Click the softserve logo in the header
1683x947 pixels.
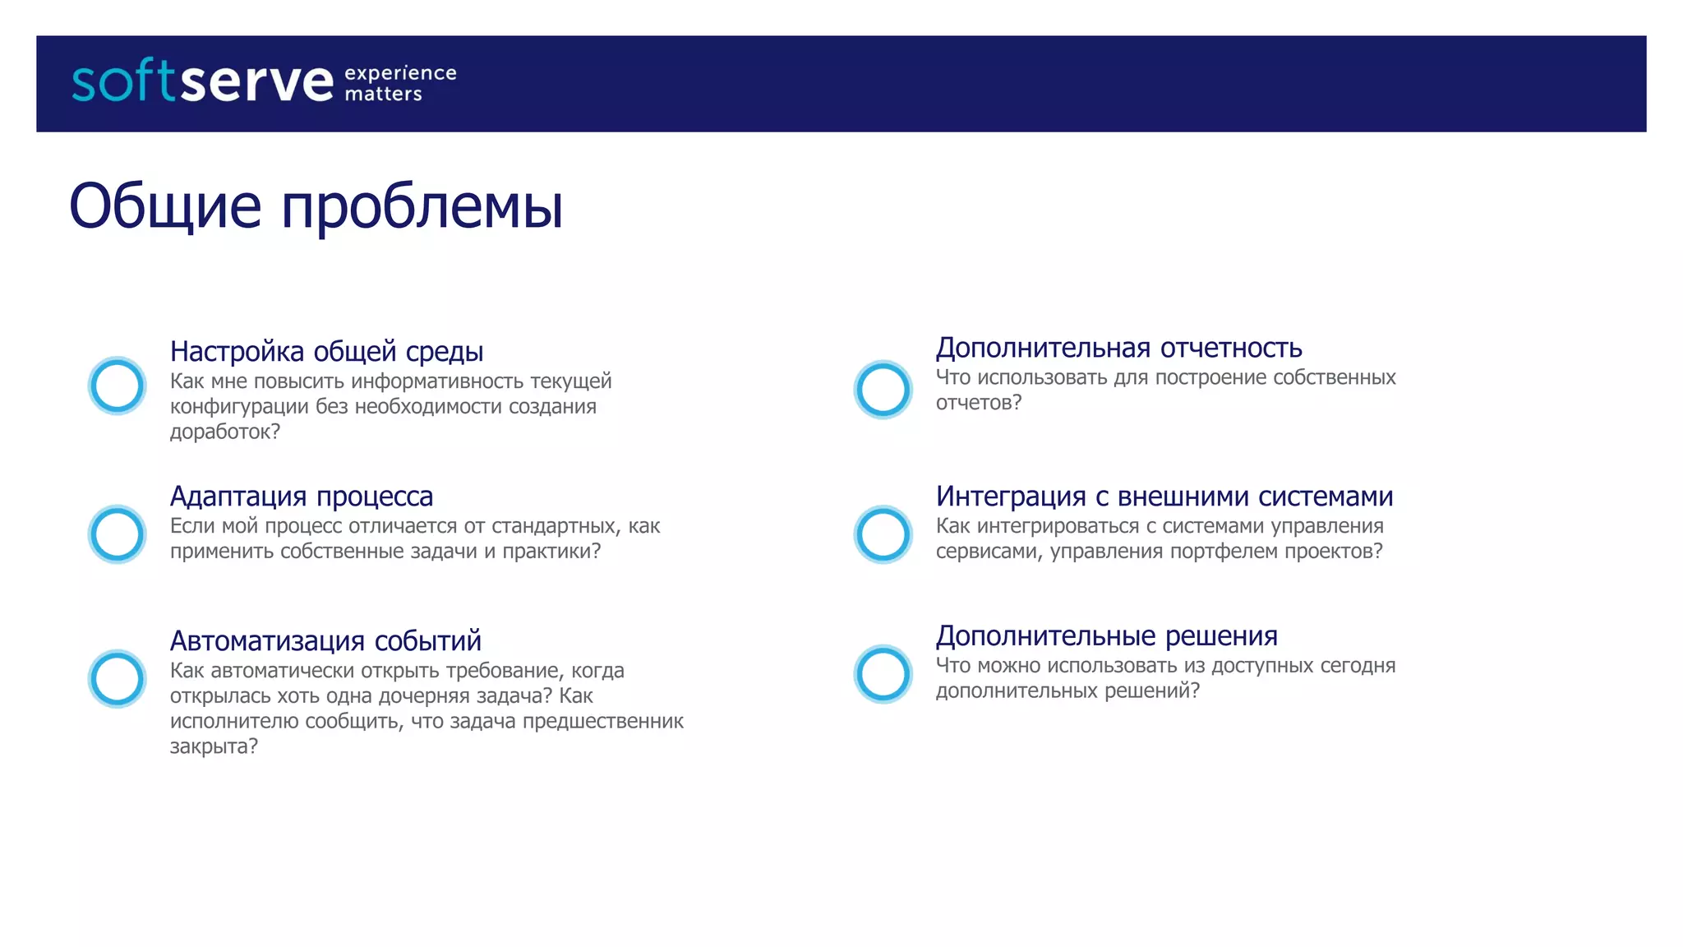coord(202,82)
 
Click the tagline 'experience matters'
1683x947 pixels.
coord(400,83)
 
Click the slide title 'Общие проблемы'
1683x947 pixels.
coord(316,206)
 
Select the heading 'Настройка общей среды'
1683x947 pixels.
coord(326,351)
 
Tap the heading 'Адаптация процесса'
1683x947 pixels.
coord(301,496)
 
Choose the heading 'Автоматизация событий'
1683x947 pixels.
coord(325,640)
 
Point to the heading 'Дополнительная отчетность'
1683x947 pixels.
coord(1118,348)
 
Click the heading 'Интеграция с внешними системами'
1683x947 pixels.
coord(1164,496)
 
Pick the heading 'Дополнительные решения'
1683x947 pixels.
coord(1106,635)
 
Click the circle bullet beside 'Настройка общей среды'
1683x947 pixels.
coord(118,386)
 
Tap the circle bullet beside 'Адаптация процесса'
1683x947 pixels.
coord(118,534)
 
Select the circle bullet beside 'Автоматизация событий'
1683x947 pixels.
coord(118,679)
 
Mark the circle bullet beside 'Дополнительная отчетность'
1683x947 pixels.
coord(883,390)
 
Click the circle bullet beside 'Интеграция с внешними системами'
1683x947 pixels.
coord(883,534)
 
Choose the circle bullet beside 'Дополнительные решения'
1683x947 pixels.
coord(883,674)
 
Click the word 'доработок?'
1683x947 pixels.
coord(225,432)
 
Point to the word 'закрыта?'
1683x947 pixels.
coord(214,746)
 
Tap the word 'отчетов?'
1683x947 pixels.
coord(979,403)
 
